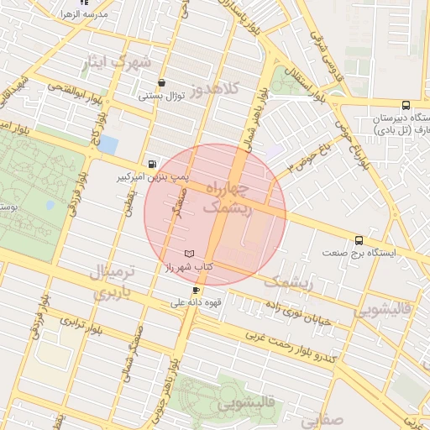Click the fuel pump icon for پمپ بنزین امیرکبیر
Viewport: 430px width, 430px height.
point(151,165)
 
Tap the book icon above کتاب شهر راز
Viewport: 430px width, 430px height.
point(189,254)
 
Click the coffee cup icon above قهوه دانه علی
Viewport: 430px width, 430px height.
point(196,291)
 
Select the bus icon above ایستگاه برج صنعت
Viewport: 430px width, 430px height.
point(359,239)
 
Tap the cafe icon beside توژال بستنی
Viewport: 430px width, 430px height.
point(161,83)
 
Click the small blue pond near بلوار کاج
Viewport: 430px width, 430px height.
point(108,144)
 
